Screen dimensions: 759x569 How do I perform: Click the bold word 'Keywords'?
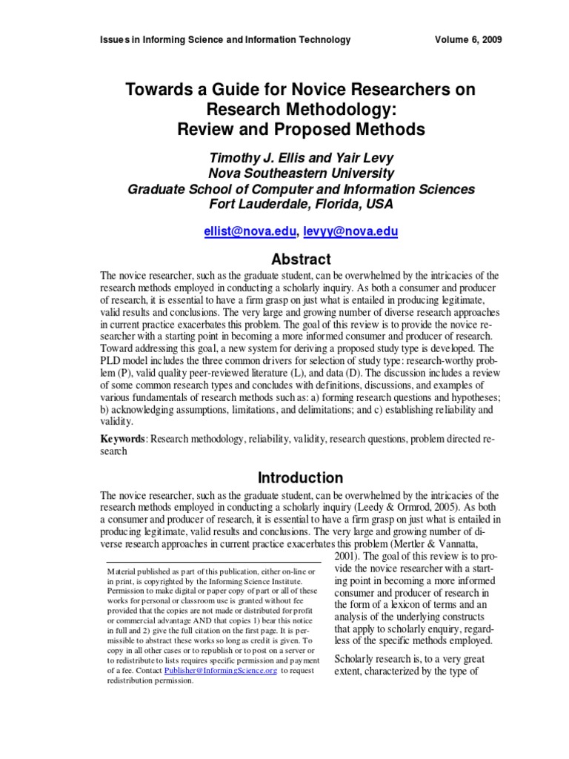123,440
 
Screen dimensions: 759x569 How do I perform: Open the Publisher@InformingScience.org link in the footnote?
221,670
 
